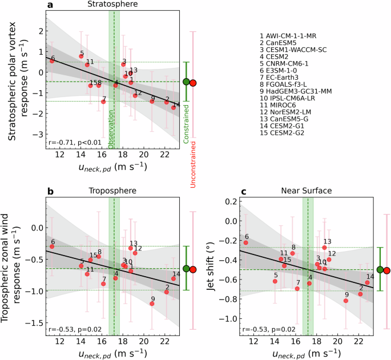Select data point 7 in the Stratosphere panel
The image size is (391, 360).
(x=103, y=102)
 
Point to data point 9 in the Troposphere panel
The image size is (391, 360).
(x=152, y=304)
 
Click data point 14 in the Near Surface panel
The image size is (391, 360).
(x=368, y=282)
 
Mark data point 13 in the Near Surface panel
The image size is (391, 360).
(x=324, y=248)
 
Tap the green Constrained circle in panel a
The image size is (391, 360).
(x=186, y=82)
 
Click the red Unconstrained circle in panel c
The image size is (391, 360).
(x=387, y=270)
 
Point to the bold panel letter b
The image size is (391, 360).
(x=50, y=192)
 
